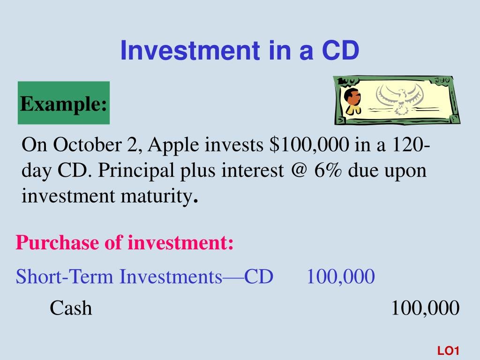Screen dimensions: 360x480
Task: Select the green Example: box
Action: (64, 103)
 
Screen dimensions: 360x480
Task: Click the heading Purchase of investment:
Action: (124, 243)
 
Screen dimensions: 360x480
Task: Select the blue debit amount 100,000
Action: (341, 277)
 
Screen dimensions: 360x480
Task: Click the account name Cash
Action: (71, 308)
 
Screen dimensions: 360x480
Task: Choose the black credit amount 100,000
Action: (425, 308)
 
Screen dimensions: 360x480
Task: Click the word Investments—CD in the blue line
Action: (196, 277)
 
